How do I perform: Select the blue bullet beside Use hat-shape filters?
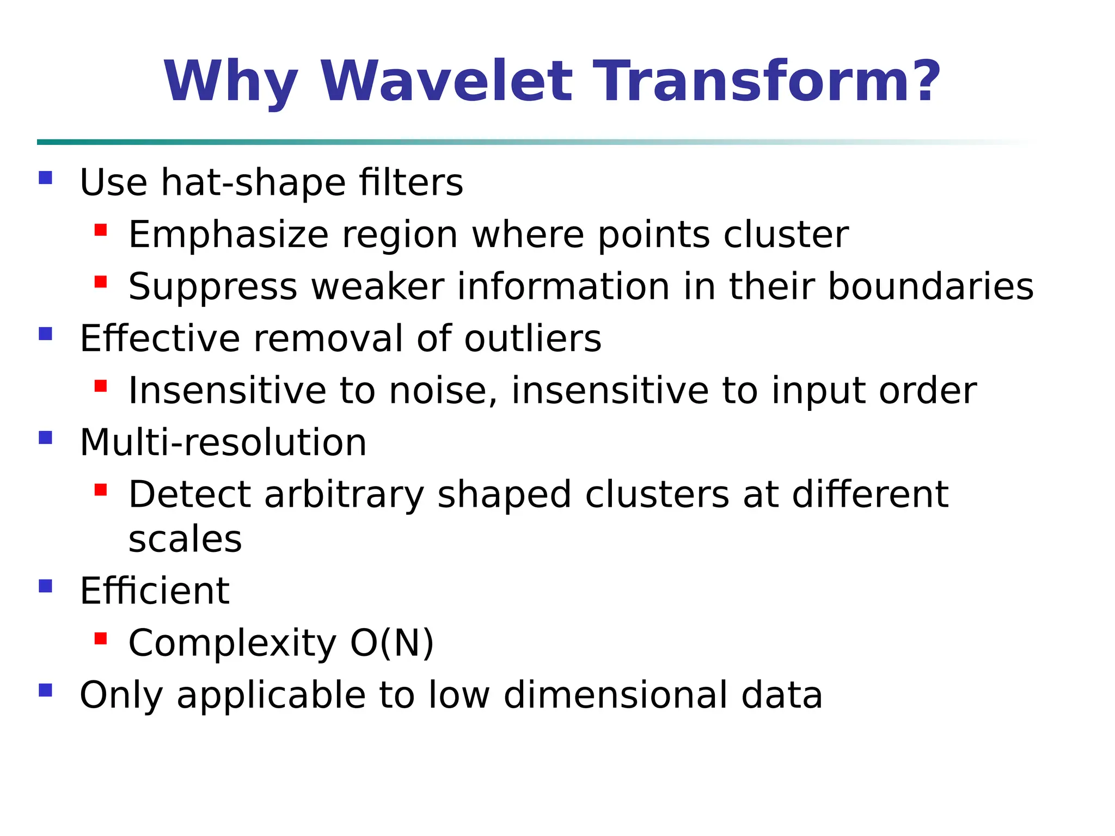coord(46,178)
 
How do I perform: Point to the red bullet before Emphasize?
coord(101,230)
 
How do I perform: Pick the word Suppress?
coord(213,287)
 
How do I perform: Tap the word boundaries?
coord(930,286)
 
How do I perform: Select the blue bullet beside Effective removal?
coord(46,334)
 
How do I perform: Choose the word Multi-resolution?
coord(223,442)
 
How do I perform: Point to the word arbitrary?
coord(344,495)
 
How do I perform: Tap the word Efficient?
coord(155,591)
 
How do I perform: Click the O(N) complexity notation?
coord(392,643)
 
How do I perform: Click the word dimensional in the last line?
coord(616,695)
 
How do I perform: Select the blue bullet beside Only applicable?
coord(46,691)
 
